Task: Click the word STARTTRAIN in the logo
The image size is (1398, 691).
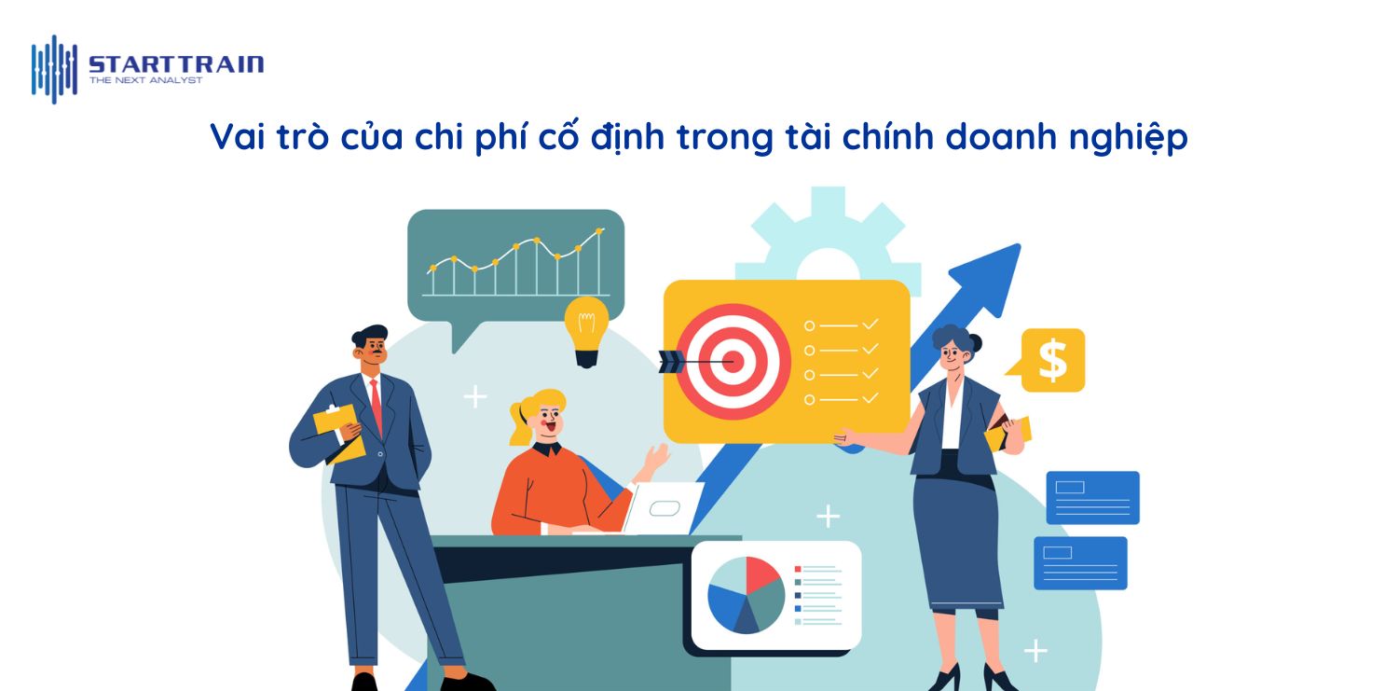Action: [175, 64]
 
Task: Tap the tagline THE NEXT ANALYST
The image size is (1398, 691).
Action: [145, 81]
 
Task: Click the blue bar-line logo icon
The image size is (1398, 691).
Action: [54, 69]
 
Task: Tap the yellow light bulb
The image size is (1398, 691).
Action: [586, 328]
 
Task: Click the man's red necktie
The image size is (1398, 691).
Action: [376, 403]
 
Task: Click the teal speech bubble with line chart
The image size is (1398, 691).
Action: [515, 266]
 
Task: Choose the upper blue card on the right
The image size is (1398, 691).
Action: [1092, 497]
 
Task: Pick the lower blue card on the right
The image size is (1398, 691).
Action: [1080, 562]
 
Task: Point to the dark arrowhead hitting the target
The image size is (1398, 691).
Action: [670, 361]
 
